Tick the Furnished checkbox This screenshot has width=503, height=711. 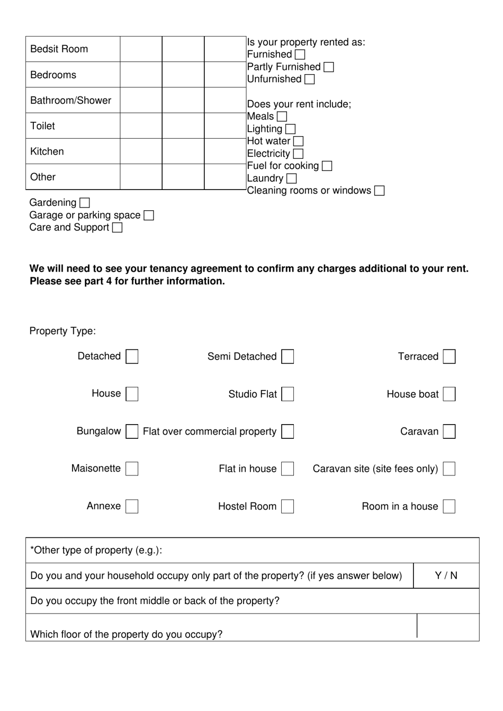(x=300, y=55)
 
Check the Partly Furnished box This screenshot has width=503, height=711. (x=329, y=67)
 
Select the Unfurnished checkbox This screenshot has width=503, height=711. (x=310, y=79)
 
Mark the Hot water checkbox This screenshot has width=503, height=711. (x=299, y=141)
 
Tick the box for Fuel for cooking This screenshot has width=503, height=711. (x=327, y=166)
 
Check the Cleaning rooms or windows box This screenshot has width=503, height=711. (x=379, y=191)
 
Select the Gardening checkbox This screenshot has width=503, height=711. (x=85, y=203)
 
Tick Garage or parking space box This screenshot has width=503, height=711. (x=149, y=215)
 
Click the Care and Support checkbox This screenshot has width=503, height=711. (x=118, y=228)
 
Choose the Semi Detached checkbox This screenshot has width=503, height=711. (x=288, y=356)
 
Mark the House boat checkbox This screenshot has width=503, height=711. (x=449, y=394)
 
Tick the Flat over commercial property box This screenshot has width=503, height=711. (x=288, y=431)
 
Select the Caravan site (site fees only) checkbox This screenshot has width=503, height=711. (x=449, y=469)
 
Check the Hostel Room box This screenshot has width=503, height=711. (x=288, y=506)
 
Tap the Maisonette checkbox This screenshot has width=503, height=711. (x=132, y=469)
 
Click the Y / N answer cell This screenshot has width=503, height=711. (x=446, y=575)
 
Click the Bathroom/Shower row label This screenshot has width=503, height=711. (x=71, y=101)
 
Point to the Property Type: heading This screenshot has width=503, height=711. (x=62, y=331)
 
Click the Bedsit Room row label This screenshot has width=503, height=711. (x=59, y=49)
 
